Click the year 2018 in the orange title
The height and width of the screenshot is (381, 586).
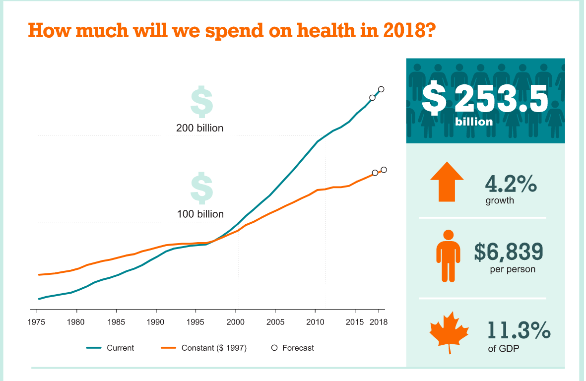403,31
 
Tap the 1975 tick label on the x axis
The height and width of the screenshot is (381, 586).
37,322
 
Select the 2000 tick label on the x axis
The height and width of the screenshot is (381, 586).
235,322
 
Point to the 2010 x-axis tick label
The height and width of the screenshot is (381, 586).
315,322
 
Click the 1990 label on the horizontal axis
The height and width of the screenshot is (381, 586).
156,322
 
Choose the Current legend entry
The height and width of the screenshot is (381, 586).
120,348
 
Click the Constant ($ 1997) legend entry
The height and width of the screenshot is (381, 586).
214,348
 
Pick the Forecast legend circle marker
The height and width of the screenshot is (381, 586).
274,348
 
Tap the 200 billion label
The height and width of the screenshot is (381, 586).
199,128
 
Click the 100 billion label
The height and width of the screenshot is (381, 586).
200,214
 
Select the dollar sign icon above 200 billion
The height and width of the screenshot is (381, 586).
201,101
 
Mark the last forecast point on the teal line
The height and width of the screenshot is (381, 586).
381,89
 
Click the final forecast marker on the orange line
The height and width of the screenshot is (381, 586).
384,170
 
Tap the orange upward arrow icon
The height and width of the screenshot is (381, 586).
447,182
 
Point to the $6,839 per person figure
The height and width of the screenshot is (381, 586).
509,252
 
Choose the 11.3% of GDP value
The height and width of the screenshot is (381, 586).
519,330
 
